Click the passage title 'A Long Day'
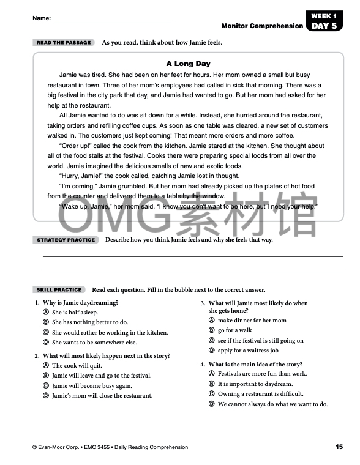click(188, 64)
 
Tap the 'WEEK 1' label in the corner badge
click(323, 16)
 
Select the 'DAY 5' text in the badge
click(323, 26)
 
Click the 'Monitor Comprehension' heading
click(262, 26)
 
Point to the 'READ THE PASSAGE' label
click(64, 43)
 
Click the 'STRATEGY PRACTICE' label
click(66, 240)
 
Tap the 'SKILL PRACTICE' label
click(59, 289)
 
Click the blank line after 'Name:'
click(111, 19)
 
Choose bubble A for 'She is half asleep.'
click(46, 312)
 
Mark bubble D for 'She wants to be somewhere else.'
click(46, 343)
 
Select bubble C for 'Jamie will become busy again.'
click(46, 385)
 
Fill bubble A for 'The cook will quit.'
click(46, 365)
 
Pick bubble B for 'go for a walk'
click(212, 330)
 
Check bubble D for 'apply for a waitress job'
click(212, 351)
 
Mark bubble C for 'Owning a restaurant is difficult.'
click(212, 394)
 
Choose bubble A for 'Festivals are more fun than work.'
click(212, 374)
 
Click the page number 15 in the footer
click(339, 447)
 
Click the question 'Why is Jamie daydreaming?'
click(80, 302)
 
